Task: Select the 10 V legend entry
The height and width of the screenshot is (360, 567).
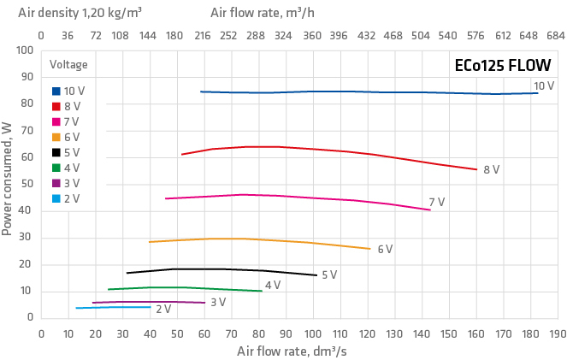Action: click(x=68, y=91)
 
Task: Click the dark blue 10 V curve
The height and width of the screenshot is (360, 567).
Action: click(x=342, y=91)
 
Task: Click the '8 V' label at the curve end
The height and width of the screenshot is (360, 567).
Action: click(x=491, y=170)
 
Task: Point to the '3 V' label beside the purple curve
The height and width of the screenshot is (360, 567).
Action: click(x=218, y=302)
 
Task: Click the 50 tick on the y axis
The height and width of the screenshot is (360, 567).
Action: click(x=27, y=184)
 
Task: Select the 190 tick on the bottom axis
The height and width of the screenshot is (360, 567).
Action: click(x=557, y=333)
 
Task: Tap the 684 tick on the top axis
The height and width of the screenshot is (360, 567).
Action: click(x=556, y=36)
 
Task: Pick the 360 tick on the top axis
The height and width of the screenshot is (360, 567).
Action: click(x=312, y=36)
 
